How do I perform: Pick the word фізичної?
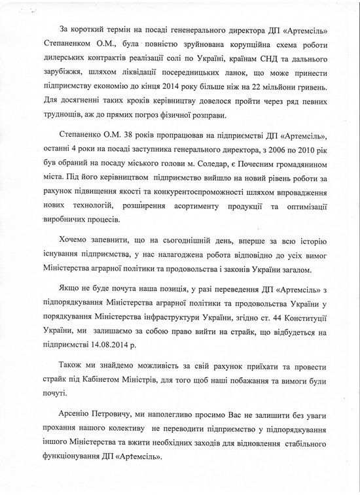click(198, 116)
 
